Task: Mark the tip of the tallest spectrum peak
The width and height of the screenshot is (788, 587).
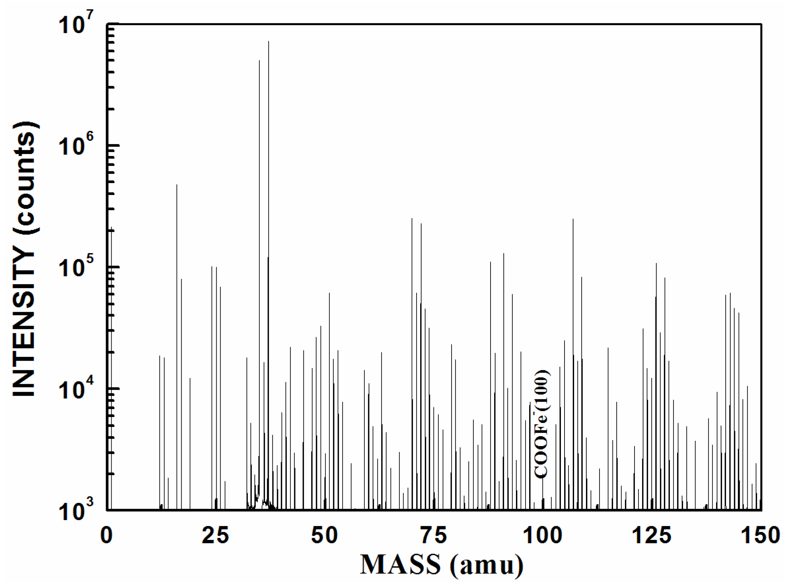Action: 268,42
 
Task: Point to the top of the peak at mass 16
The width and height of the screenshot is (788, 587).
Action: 177,185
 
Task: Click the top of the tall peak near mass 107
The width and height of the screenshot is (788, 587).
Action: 573,219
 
